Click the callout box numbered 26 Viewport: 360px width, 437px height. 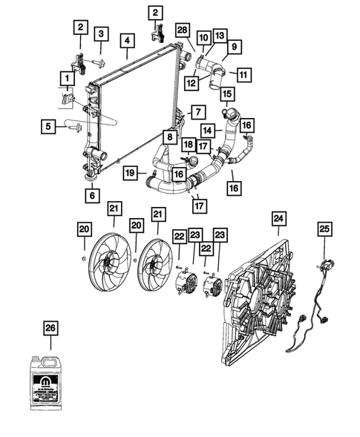point(50,326)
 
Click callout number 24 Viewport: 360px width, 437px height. point(278,218)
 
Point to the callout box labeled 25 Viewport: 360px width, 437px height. point(324,229)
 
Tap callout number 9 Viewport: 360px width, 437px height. point(232,47)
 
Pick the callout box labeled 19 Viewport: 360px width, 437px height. point(130,174)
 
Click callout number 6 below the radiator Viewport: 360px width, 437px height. point(92,197)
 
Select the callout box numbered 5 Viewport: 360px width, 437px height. point(48,127)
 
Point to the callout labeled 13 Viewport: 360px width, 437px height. point(219,36)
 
